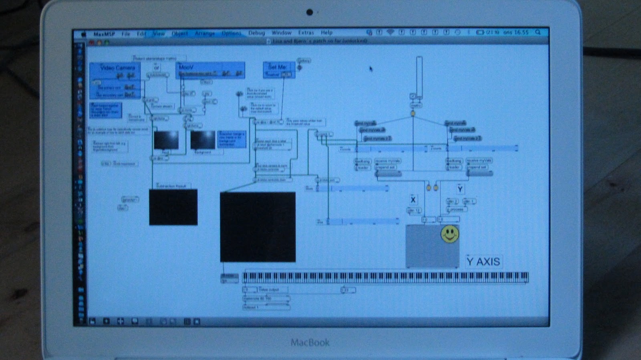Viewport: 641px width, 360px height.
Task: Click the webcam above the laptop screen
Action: click(309, 12)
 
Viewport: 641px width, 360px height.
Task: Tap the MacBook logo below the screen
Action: click(310, 342)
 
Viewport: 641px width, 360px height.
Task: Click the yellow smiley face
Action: click(450, 234)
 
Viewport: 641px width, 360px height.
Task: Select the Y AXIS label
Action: click(483, 262)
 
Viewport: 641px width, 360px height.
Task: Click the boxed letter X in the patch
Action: click(413, 199)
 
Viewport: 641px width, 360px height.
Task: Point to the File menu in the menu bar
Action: click(126, 34)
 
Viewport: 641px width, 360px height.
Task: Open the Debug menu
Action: click(256, 33)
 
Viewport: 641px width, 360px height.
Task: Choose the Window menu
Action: click(281, 32)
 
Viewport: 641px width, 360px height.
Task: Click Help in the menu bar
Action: click(327, 32)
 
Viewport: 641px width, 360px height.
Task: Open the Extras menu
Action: click(306, 32)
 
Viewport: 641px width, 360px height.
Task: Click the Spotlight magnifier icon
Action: click(538, 32)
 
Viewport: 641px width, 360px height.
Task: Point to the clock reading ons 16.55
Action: click(516, 32)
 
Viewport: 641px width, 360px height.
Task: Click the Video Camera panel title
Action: click(117, 68)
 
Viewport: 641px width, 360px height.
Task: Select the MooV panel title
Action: click(186, 67)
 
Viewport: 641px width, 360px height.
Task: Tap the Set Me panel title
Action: click(277, 67)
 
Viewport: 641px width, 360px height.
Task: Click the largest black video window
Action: click(258, 227)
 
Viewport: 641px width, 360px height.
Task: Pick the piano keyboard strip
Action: click(385, 277)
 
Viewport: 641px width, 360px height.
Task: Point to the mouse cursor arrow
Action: click(371, 69)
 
